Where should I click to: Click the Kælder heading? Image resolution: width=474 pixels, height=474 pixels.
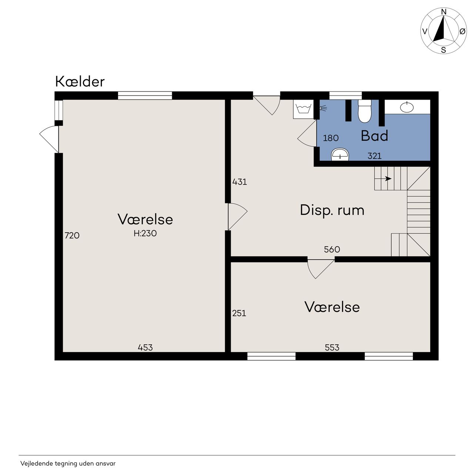click(80, 81)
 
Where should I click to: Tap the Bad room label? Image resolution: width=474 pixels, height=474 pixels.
click(374, 136)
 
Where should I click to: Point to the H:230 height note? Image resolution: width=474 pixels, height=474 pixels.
click(145, 233)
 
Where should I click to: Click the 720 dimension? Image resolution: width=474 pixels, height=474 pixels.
click(72, 236)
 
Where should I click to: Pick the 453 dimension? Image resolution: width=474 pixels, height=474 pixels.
click(145, 348)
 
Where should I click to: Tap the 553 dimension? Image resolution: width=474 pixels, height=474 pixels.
click(332, 348)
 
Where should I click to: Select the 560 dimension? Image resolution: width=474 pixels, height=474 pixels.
click(332, 250)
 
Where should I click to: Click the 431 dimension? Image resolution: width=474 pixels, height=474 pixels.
click(240, 182)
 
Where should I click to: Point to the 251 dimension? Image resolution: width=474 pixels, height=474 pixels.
click(239, 313)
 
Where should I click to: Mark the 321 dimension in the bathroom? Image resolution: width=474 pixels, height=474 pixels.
click(374, 156)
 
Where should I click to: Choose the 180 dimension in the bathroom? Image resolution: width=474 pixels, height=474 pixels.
click(331, 138)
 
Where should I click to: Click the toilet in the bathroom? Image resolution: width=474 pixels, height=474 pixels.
click(364, 111)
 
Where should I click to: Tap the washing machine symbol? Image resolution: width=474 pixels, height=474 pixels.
click(303, 109)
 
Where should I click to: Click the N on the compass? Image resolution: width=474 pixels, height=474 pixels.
click(444, 12)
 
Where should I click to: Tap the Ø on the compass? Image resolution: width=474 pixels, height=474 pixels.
click(463, 31)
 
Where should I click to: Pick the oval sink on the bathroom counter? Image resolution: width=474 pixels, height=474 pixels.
click(407, 107)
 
